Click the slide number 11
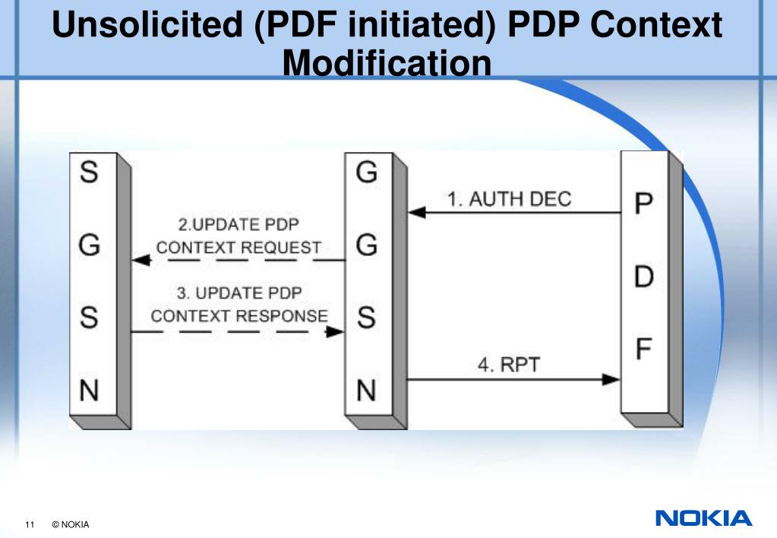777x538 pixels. pyautogui.click(x=30, y=525)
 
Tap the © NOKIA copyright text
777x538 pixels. pyautogui.click(x=71, y=525)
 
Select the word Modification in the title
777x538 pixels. pyautogui.click(x=387, y=62)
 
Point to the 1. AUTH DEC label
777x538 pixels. pyautogui.click(x=509, y=199)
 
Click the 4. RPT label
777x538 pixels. pyautogui.click(x=508, y=365)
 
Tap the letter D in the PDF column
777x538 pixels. pyautogui.click(x=643, y=278)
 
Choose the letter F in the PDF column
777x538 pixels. pyautogui.click(x=643, y=352)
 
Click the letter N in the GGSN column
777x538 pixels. pyautogui.click(x=366, y=391)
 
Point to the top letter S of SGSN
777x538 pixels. pyautogui.click(x=89, y=174)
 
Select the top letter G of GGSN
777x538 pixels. pyautogui.click(x=366, y=174)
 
